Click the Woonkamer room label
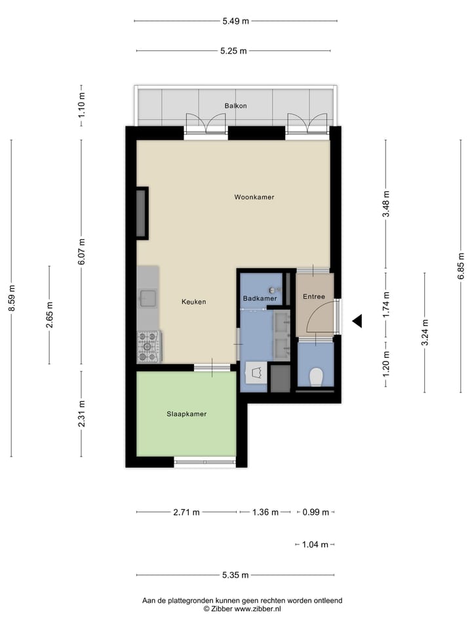pos(254,197)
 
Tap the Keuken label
pos(194,302)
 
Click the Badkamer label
pos(260,299)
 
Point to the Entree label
pos(313,297)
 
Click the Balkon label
pos(235,105)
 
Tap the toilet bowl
pos(315,377)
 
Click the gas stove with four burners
pos(148,345)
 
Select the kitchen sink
pos(147,299)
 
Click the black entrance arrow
pos(357,321)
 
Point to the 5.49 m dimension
pos(236,21)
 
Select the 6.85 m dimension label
pos(461,267)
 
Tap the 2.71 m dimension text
pos(186,512)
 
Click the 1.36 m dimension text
pos(265,512)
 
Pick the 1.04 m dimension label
pos(315,544)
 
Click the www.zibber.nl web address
pos(257,609)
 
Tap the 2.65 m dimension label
pos(50,314)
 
